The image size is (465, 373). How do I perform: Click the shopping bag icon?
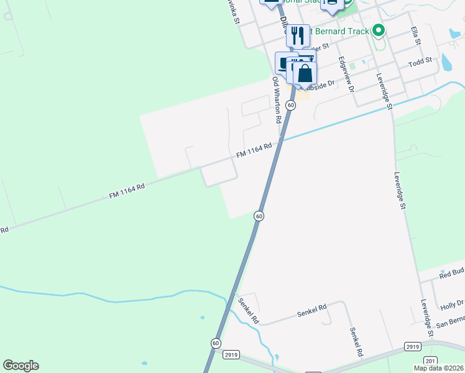305,73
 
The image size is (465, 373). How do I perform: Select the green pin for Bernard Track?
378,30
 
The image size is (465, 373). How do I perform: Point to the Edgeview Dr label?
346,75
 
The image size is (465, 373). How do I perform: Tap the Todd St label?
420,63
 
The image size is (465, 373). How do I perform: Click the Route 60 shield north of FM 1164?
290,106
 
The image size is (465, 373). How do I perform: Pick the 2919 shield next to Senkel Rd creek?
231,354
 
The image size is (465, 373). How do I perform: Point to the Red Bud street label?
452,272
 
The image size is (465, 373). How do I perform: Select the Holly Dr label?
452,305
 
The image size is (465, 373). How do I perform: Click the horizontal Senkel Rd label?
311,309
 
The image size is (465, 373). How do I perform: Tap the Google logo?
21,366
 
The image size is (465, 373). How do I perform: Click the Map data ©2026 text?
438,368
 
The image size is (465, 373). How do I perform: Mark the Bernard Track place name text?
339,31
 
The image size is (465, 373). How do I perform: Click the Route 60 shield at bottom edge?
215,343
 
